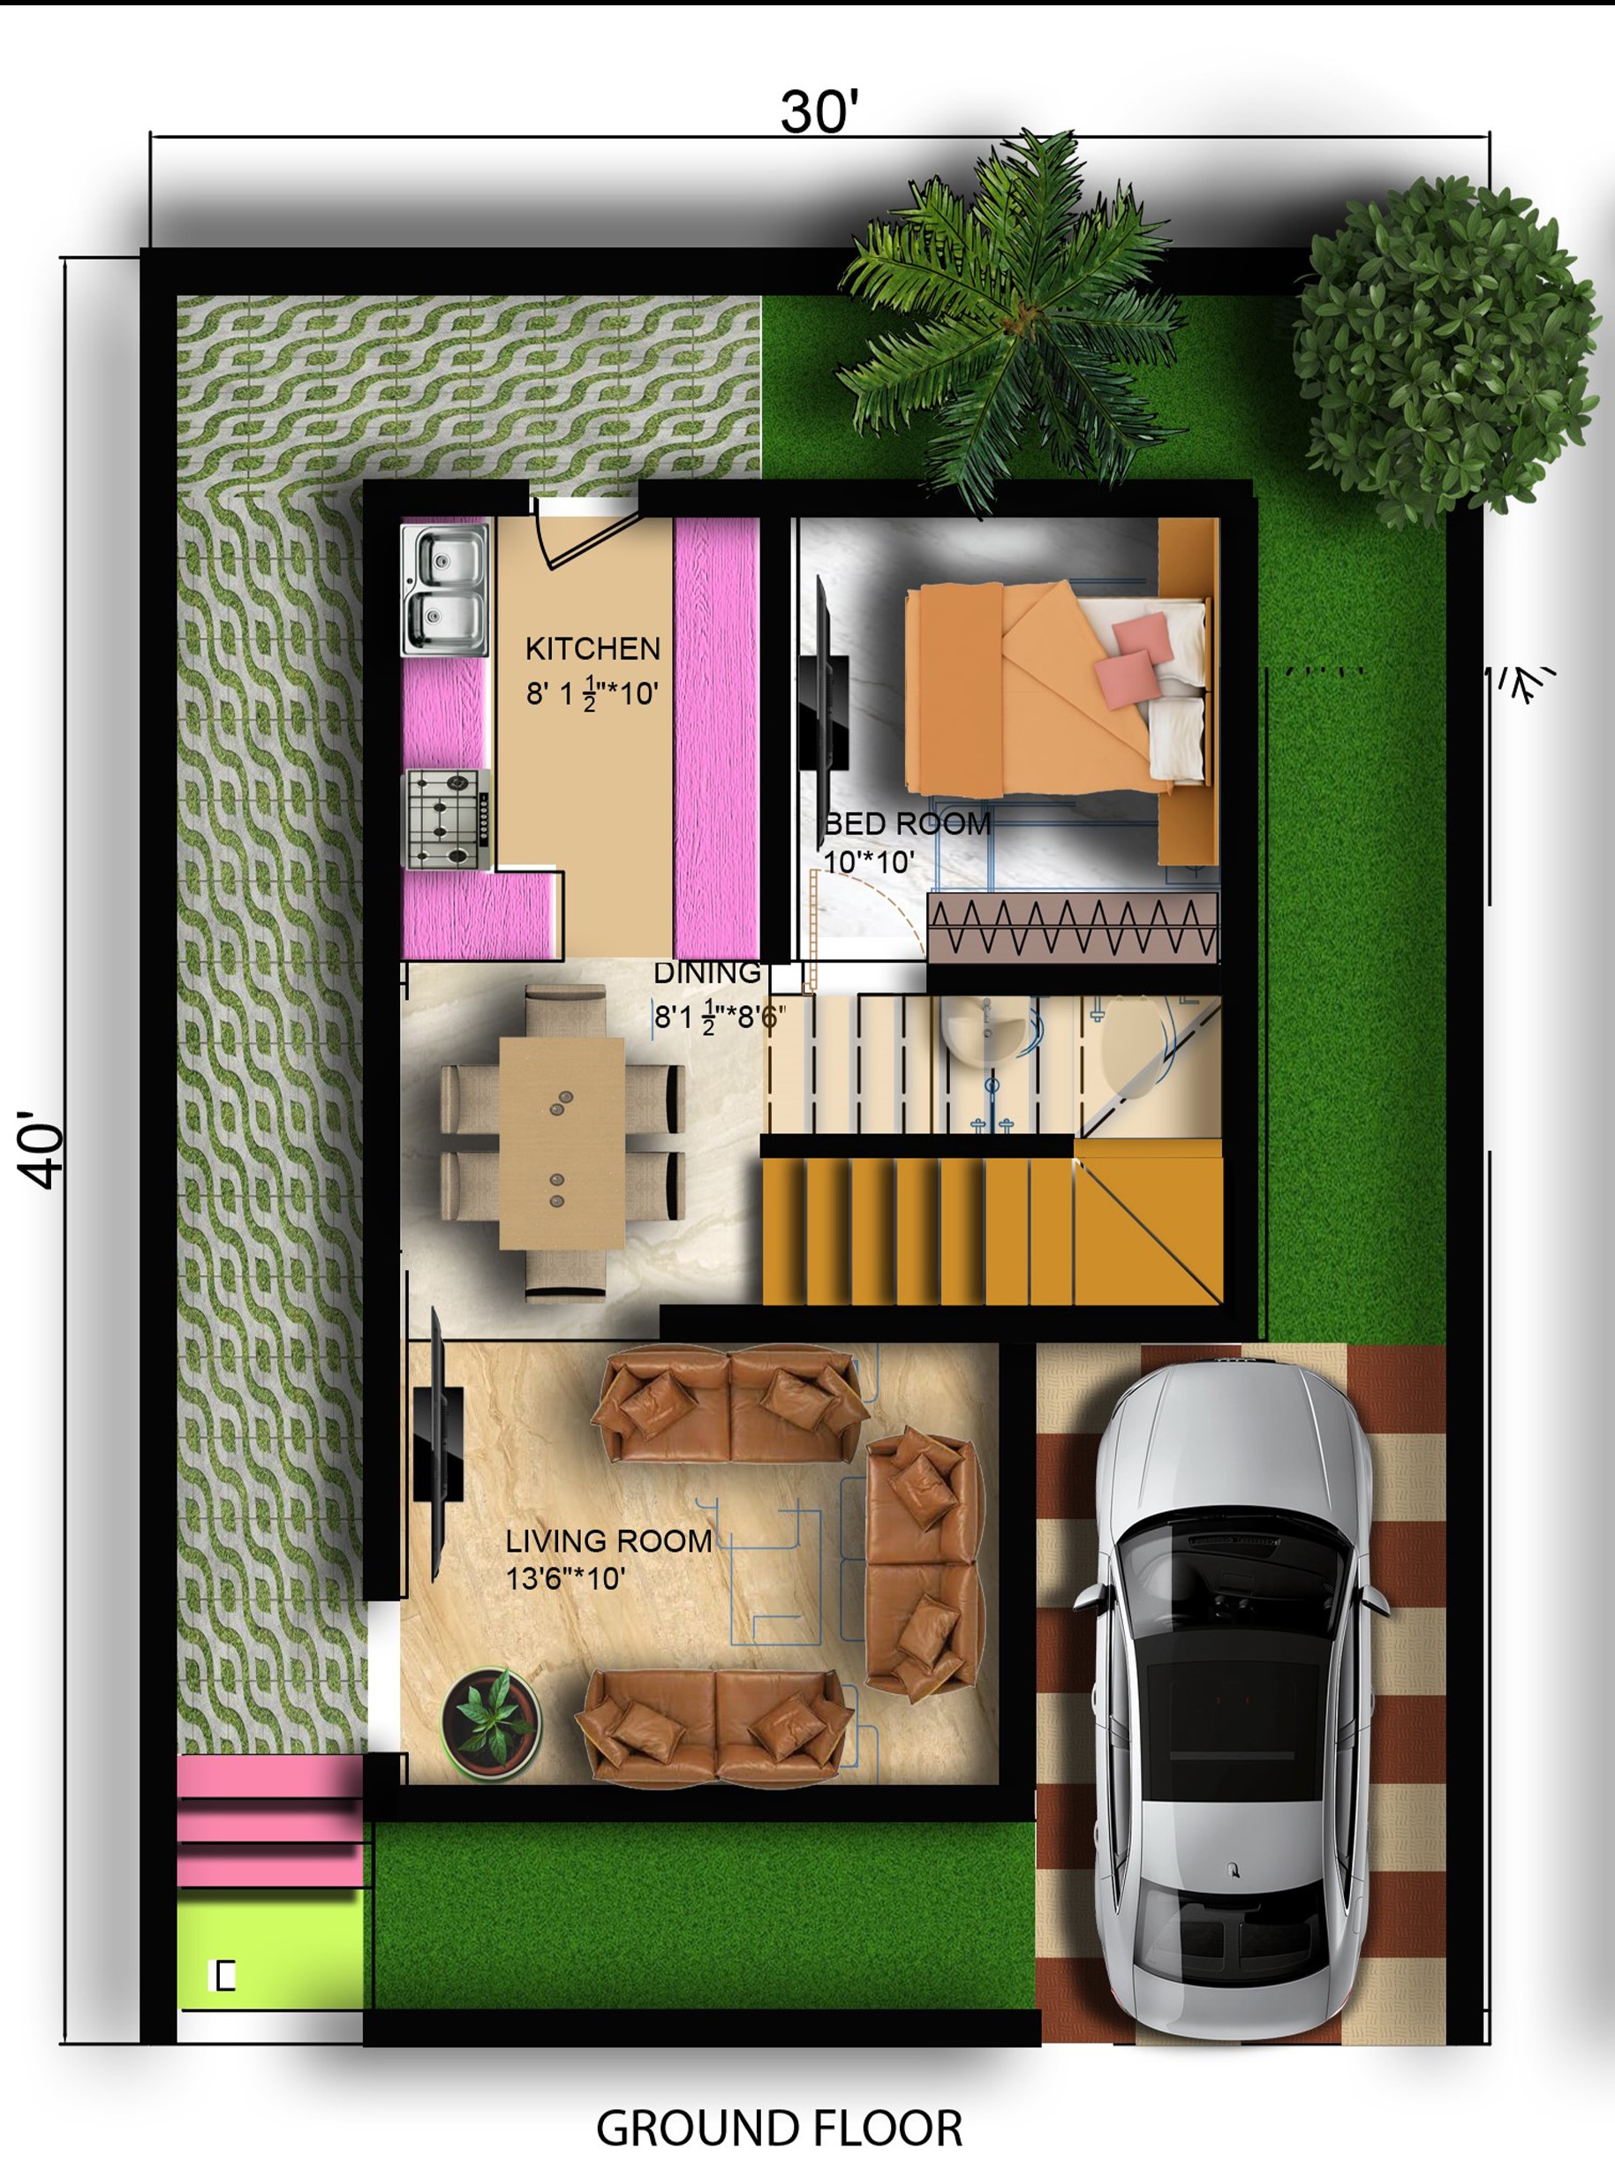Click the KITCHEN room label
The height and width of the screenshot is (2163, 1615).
pyautogui.click(x=592, y=648)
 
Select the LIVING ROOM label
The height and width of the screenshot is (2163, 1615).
pyautogui.click(x=608, y=1541)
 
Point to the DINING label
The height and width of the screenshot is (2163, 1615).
pyautogui.click(x=706, y=973)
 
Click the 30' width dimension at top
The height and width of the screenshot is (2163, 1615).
pyautogui.click(x=819, y=110)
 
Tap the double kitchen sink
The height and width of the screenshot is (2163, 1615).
pyautogui.click(x=445, y=591)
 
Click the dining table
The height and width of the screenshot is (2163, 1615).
pyautogui.click(x=562, y=1143)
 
